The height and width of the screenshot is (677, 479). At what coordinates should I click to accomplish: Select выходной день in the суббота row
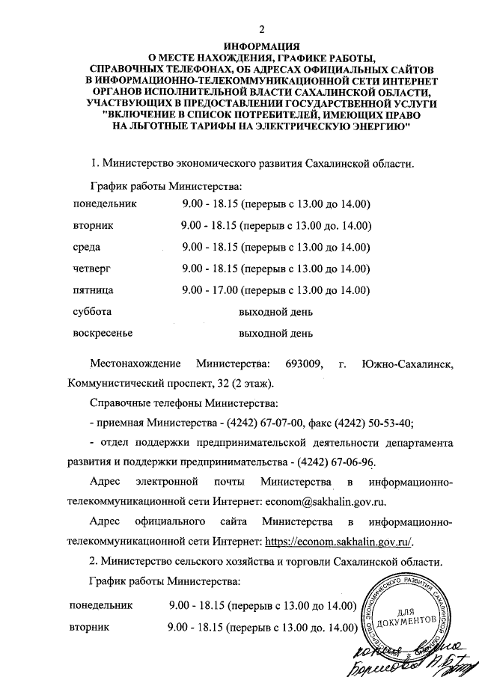coord(275,311)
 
